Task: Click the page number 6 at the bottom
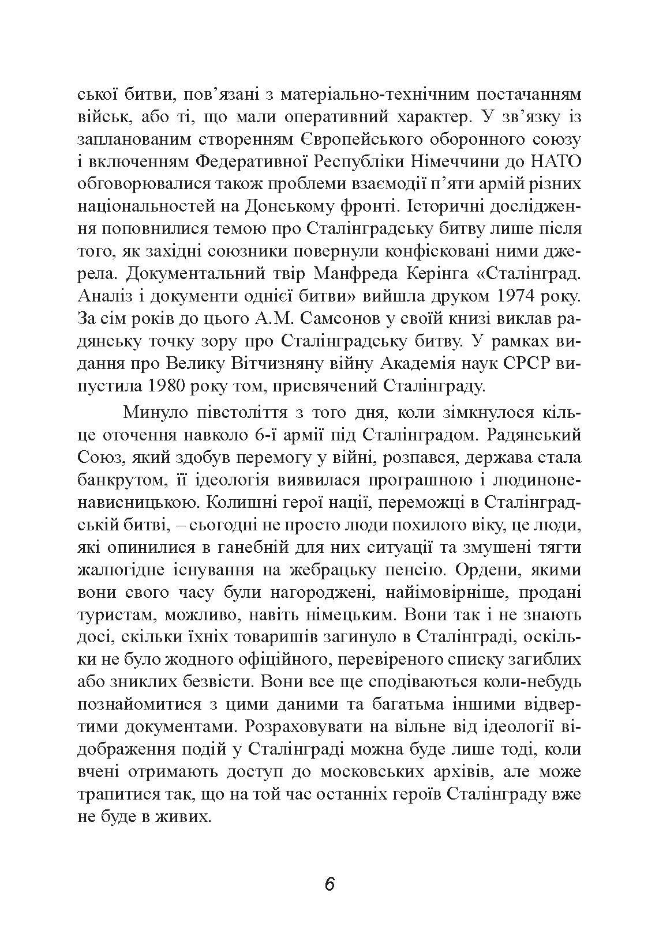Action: click(329, 884)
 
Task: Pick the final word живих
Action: click(183, 817)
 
